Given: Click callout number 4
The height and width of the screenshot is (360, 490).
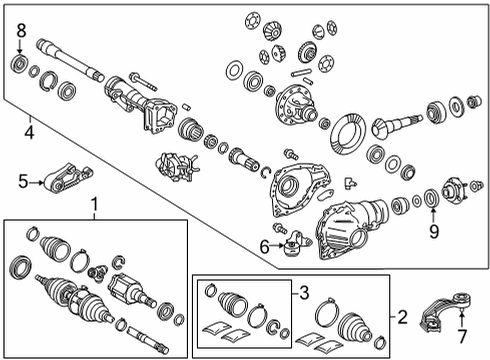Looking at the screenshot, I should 29,130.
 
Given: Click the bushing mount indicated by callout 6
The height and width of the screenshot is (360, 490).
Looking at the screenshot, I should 292,247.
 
